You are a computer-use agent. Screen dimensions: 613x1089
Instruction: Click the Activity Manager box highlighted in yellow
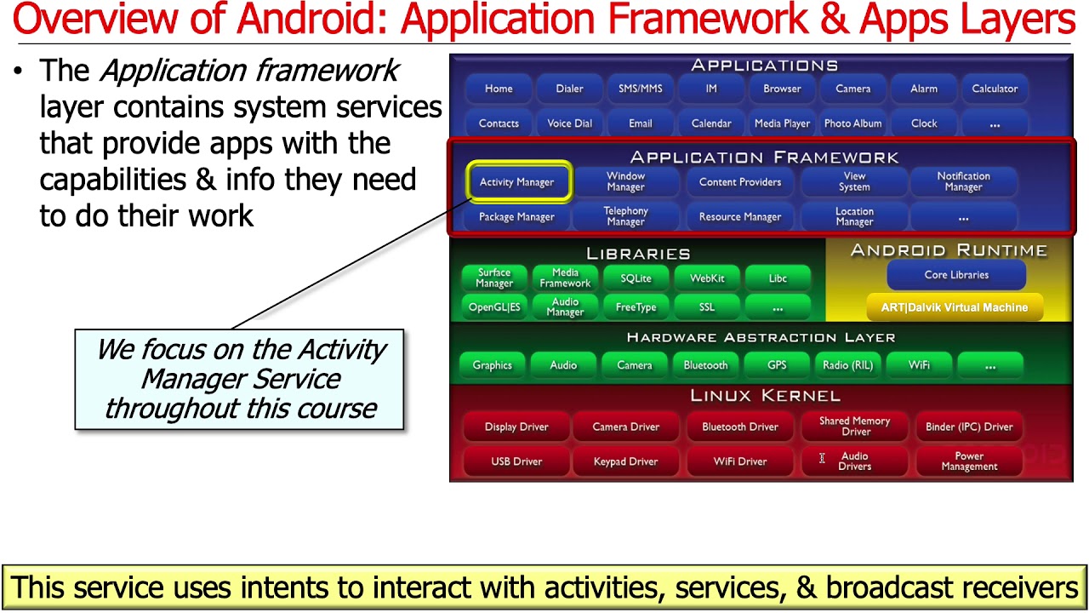coord(517,182)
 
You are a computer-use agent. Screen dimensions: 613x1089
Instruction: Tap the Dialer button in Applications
coord(569,89)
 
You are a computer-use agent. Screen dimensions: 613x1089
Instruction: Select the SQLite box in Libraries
coord(636,278)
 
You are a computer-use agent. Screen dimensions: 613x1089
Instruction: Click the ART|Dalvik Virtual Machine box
coord(954,307)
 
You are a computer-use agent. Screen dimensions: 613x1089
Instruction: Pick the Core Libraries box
coord(956,275)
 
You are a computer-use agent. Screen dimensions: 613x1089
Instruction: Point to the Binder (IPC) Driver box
coord(969,427)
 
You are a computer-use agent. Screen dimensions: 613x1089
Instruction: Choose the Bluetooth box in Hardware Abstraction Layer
coord(705,365)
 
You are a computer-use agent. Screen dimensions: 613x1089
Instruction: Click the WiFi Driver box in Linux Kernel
coord(740,461)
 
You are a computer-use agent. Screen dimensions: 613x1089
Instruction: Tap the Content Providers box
coord(740,182)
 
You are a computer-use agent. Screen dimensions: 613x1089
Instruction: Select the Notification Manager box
coord(963,181)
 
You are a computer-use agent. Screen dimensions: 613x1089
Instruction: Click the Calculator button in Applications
coord(995,89)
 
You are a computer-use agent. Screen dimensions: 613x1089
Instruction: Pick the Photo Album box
coord(852,123)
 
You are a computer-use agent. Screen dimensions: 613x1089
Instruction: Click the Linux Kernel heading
coord(765,396)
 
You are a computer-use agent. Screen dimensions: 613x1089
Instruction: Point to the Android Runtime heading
coord(949,250)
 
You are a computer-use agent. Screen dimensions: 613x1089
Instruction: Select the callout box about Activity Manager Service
coord(239,380)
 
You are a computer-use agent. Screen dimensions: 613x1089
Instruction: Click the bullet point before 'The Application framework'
coord(18,72)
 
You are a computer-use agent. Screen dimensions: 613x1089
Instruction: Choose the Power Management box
coord(969,461)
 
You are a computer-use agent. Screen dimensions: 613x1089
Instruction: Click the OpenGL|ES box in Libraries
coord(494,307)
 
